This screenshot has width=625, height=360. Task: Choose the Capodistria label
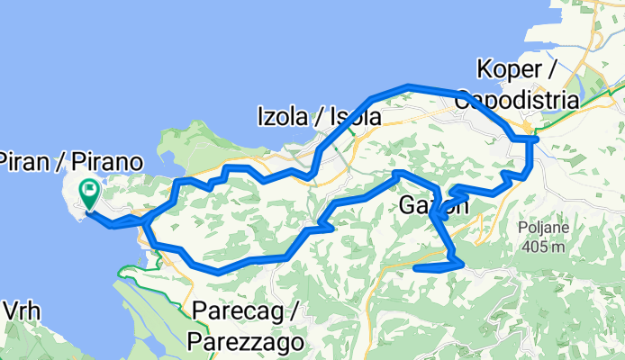pos(516,99)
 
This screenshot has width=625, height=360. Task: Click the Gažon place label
pos(432,205)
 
